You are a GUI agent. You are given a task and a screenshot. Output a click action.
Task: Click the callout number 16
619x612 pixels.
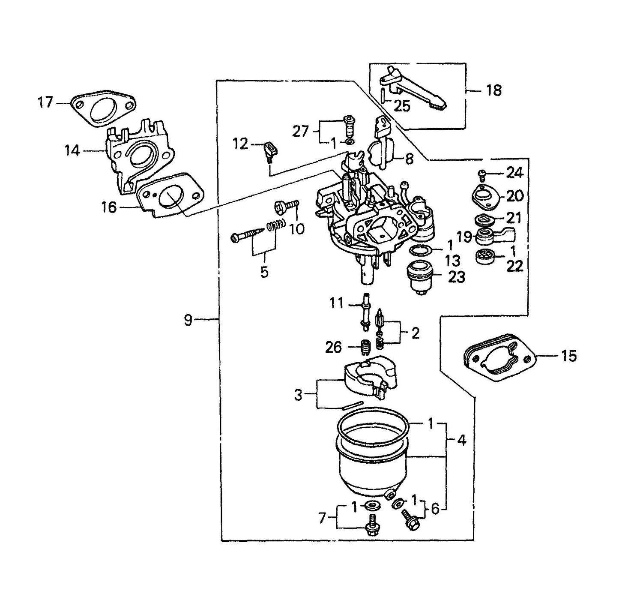point(109,207)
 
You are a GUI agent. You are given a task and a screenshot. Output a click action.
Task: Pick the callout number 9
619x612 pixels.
point(188,320)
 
